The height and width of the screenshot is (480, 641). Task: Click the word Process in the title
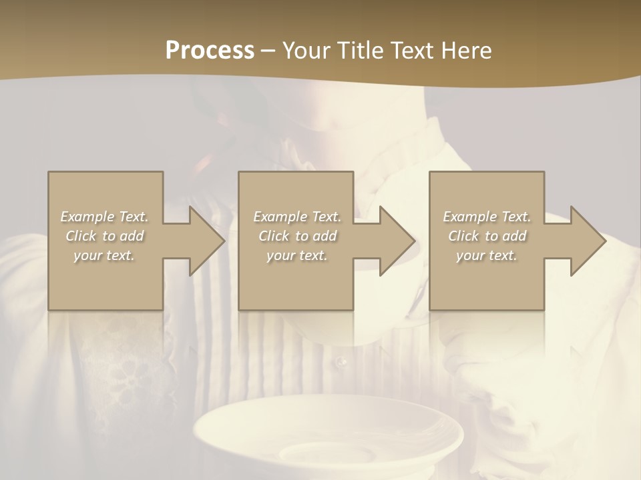pos(210,51)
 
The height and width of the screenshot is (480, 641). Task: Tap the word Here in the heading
pos(465,51)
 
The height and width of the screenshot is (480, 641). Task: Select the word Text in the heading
pos(411,51)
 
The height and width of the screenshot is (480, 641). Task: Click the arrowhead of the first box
pos(207,241)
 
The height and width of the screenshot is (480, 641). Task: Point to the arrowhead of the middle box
pos(397,241)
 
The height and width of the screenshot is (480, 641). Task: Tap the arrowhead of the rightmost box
pos(588,241)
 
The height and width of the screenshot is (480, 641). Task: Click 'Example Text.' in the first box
pos(104,217)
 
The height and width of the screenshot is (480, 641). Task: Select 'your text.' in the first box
pos(104,255)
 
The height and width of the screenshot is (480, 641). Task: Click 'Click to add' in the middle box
pos(297,236)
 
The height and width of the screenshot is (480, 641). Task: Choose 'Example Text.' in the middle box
pos(297,217)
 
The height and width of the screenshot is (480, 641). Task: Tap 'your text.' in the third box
pos(487,255)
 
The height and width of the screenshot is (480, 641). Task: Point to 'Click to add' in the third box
pos(487,236)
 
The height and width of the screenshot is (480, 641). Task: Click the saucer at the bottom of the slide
pos(327,433)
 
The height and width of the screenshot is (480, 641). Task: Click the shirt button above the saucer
pos(342,362)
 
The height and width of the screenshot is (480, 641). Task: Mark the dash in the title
pos(268,51)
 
